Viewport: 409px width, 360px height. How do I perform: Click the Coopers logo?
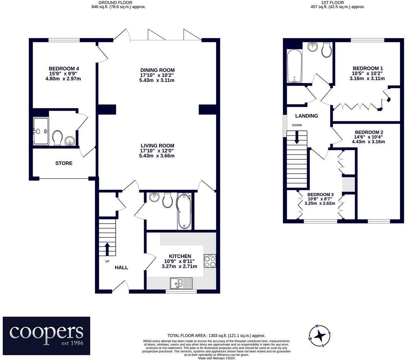(47, 336)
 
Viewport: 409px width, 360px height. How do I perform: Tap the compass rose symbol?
(320, 336)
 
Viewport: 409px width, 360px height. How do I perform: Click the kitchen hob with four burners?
(210, 261)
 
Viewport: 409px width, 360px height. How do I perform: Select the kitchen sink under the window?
(182, 283)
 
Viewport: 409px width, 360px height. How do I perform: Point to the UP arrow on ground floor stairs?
(107, 249)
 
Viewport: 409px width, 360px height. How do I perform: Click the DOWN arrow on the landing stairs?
(296, 137)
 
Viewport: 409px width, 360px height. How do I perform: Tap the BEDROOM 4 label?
(64, 68)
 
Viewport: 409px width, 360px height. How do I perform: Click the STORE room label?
(64, 163)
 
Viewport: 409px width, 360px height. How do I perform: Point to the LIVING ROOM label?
(157, 146)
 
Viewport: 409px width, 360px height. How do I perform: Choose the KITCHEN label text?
(180, 256)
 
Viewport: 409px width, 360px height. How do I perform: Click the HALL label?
(121, 268)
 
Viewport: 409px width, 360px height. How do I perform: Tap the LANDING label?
(306, 116)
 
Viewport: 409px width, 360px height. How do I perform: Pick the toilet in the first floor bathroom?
(327, 50)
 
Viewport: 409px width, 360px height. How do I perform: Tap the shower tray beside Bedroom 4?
(41, 131)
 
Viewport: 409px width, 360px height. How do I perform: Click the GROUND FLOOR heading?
(118, 2)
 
